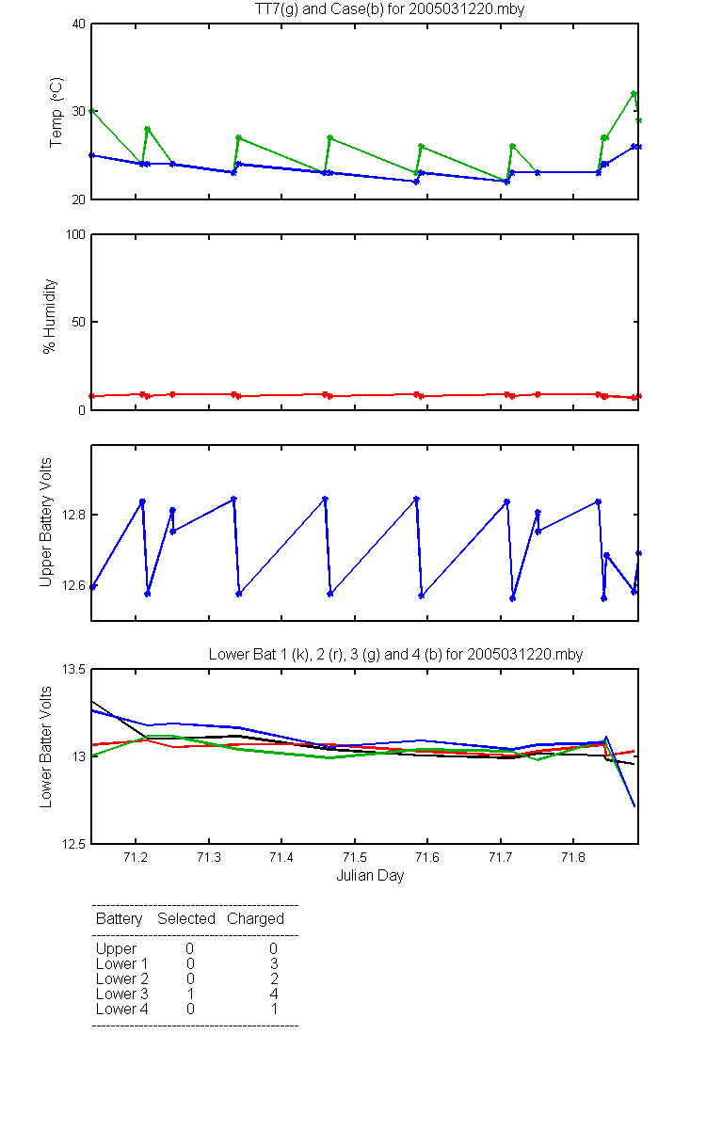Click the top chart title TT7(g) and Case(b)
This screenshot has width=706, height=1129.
(390, 9)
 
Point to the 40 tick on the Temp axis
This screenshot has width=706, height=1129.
(79, 24)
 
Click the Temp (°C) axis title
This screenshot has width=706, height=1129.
(56, 112)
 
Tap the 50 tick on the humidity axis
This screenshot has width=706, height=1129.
(79, 322)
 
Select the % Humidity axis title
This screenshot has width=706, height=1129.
(49, 316)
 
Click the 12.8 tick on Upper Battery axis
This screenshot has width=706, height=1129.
(73, 515)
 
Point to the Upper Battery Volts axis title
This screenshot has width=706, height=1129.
(46, 522)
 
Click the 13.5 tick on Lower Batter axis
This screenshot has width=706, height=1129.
(73, 669)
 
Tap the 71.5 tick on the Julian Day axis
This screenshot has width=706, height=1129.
(355, 857)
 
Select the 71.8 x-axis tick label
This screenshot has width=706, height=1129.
(573, 857)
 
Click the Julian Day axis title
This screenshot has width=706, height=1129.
(370, 876)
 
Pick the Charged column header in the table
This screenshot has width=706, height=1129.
(255, 919)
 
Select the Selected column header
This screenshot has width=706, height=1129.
(186, 918)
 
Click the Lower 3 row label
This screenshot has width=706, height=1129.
(122, 994)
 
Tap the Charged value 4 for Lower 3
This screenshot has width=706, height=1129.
(274, 994)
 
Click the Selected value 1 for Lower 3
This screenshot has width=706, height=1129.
(190, 994)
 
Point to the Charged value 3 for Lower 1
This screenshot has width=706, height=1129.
(274, 963)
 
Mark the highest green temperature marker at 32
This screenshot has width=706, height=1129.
(634, 94)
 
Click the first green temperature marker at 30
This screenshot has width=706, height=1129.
(92, 111)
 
